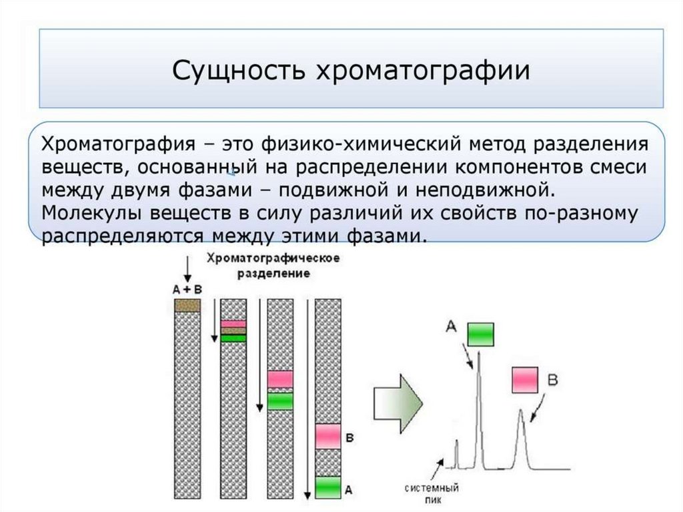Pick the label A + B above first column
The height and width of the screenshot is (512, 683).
pyautogui.click(x=187, y=289)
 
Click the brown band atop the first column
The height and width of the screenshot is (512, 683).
pyautogui.click(x=187, y=305)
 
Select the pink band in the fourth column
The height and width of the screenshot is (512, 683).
pyautogui.click(x=327, y=435)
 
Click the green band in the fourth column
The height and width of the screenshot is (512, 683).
pyautogui.click(x=327, y=487)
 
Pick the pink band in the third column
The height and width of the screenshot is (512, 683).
pyautogui.click(x=280, y=378)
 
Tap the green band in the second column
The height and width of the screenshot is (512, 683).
pyautogui.click(x=233, y=338)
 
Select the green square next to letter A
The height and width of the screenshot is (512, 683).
pyautogui.click(x=480, y=333)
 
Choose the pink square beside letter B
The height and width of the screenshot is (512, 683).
pyautogui.click(x=525, y=380)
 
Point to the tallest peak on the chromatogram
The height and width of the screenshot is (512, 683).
pyautogui.click(x=478, y=374)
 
